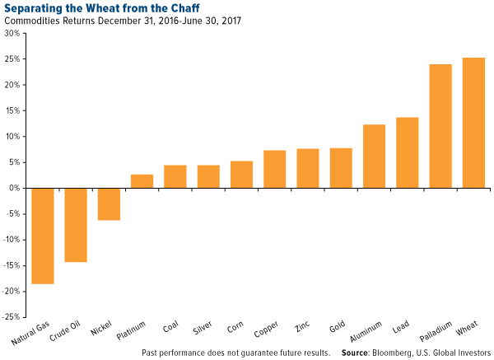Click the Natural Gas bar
(x=43, y=236)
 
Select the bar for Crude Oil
(x=76, y=225)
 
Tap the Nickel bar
(x=109, y=204)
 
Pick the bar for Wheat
(x=473, y=123)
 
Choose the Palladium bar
(x=440, y=126)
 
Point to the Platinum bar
(x=142, y=181)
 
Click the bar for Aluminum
(x=374, y=157)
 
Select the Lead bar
(x=408, y=152)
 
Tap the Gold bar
(x=341, y=168)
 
